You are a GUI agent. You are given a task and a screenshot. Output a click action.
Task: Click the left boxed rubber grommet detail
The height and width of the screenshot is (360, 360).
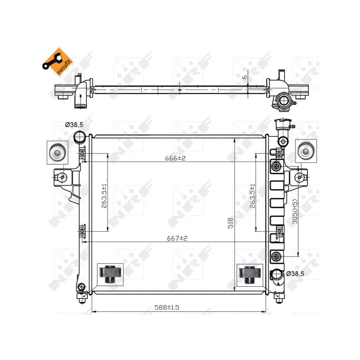[57, 152]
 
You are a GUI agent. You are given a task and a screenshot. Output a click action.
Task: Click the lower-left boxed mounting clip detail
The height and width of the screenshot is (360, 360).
[110, 274]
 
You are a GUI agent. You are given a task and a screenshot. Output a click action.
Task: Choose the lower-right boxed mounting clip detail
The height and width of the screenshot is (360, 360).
[248, 274]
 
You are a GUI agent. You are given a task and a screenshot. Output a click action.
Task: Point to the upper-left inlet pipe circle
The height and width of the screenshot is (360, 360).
[80, 137]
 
